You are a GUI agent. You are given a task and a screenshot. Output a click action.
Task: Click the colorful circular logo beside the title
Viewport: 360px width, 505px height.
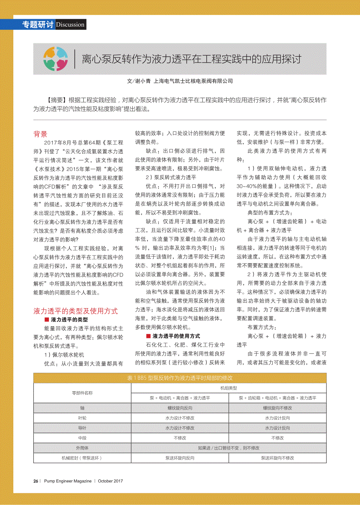point(56,59)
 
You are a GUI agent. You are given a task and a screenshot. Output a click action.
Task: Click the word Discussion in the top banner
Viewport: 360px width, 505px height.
point(70,25)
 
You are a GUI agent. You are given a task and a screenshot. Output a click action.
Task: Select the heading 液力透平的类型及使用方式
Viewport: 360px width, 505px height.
point(76,311)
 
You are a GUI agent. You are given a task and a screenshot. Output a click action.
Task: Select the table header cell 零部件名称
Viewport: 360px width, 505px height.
point(82,393)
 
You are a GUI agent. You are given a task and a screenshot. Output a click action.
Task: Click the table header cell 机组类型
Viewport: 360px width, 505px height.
point(229,388)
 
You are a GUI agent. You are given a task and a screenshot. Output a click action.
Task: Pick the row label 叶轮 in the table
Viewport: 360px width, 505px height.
point(82,418)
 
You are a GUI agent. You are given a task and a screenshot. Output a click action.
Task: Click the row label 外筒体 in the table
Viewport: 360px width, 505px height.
point(82,448)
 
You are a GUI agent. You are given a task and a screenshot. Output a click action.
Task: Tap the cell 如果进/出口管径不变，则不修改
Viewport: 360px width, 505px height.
point(229,448)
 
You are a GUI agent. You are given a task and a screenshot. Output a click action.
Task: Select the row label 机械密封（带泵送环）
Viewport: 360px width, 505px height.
point(82,458)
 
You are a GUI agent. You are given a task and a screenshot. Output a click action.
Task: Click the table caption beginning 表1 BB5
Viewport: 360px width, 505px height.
point(180,378)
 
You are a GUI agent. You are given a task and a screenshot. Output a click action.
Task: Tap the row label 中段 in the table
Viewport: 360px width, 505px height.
point(82,438)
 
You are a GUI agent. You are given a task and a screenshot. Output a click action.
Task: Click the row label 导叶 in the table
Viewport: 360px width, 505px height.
point(82,428)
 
